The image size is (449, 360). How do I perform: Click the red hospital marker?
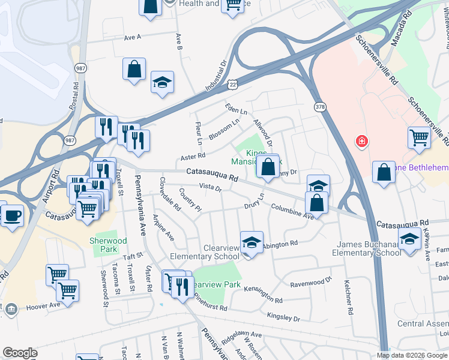tap(362, 142)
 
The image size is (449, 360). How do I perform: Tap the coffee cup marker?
tap(11, 215)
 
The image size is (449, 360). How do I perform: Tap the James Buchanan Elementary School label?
tap(369, 248)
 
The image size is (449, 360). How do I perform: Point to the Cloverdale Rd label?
tap(170, 194)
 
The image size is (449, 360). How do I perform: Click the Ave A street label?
tap(132, 37)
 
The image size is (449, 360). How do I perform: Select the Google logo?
tap(20, 353)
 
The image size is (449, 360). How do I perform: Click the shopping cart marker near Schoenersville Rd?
tap(419, 137)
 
